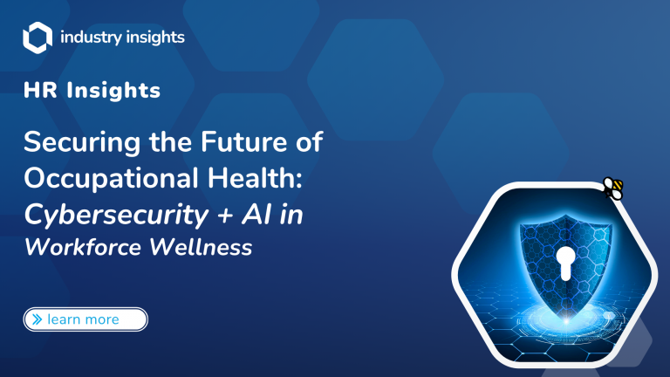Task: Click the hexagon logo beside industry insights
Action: [37, 38]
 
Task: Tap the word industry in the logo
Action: [92, 38]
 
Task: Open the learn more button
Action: [85, 319]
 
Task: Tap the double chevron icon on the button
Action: [37, 319]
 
